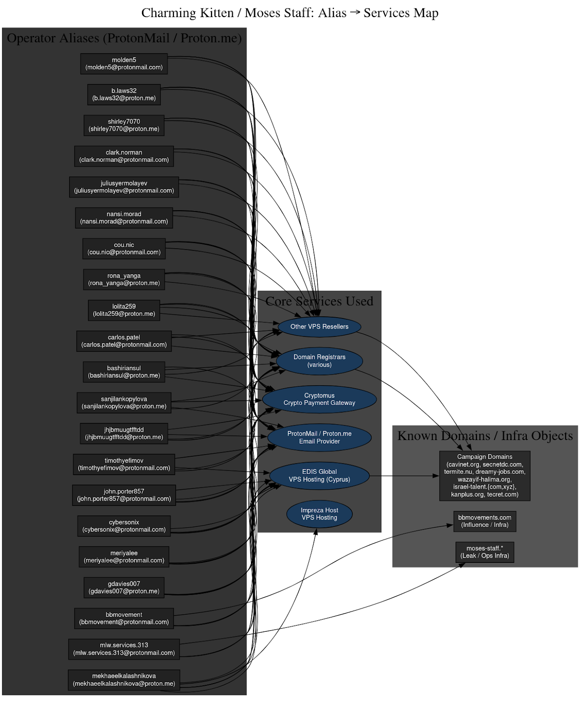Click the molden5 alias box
tap(124, 64)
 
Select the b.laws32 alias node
tap(124, 94)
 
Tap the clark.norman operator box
tap(124, 156)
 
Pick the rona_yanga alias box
tap(124, 279)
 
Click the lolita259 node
tap(124, 310)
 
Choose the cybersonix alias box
tap(124, 526)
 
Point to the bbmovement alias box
tap(124, 618)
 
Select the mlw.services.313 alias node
tap(124, 649)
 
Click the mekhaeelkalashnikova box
tap(124, 680)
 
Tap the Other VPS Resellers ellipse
tap(319, 327)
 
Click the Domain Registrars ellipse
tap(319, 361)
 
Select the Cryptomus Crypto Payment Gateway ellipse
tap(319, 399)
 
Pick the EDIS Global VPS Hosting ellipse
tap(319, 476)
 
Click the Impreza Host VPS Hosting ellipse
tap(319, 514)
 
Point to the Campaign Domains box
tap(485, 476)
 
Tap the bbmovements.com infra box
tap(485, 521)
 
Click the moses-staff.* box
tap(485, 552)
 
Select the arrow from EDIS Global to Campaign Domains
tap(404, 476)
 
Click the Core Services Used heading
tap(319, 301)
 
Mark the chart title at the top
tap(290, 13)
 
